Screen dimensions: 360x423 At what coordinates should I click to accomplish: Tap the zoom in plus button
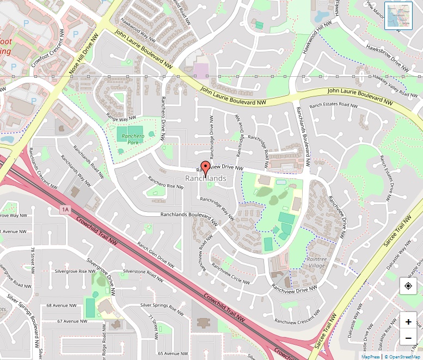[408, 321]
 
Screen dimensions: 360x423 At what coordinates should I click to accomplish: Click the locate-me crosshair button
[408, 286]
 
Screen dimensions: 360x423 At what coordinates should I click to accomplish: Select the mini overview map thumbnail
[399, 15]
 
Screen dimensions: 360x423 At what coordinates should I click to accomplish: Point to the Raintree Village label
[317, 262]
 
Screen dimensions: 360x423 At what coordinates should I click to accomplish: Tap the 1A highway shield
[66, 209]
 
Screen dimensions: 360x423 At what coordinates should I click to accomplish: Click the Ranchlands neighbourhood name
[206, 179]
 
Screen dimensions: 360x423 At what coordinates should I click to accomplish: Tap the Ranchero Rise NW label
[167, 182]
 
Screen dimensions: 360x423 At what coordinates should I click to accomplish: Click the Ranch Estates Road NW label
[329, 105]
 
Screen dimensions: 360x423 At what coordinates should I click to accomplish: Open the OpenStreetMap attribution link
[402, 356]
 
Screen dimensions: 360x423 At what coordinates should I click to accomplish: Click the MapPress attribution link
[371, 356]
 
